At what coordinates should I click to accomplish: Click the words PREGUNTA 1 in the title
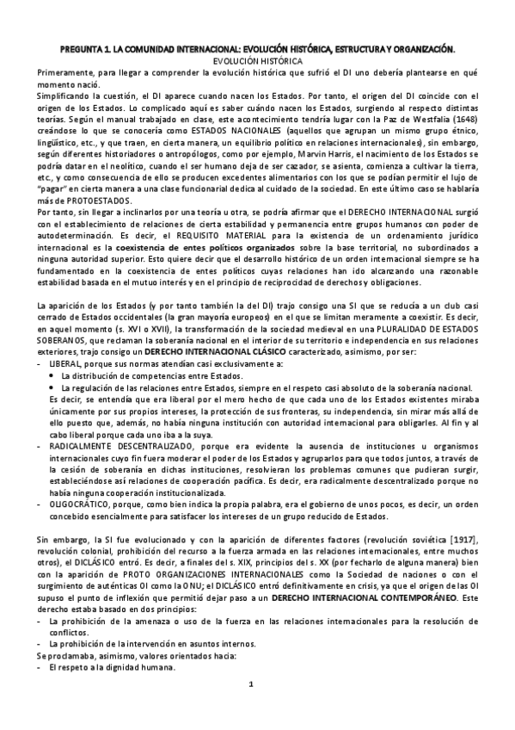pyautogui.click(x=89, y=51)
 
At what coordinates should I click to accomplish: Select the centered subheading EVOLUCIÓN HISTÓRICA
pyautogui.click(x=257, y=62)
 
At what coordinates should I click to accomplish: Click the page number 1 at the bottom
pyautogui.click(x=250, y=708)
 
